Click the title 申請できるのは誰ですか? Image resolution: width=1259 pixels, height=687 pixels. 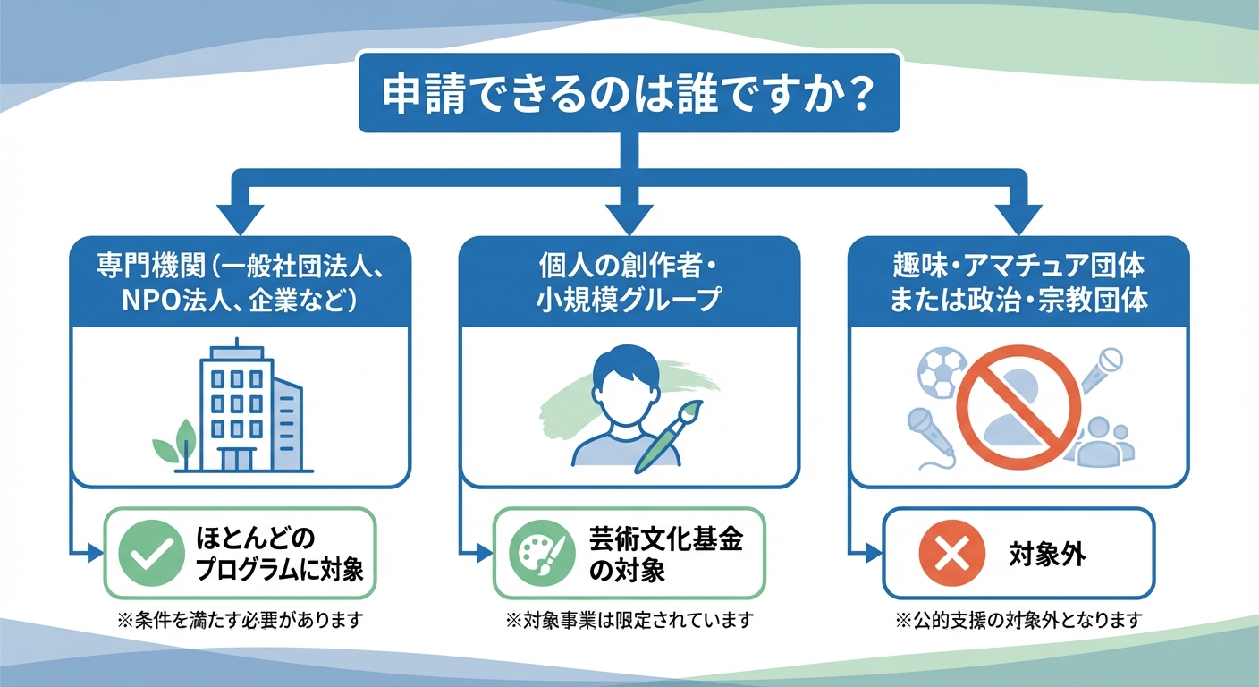[629, 95]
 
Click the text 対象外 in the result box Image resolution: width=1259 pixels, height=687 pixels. [1046, 555]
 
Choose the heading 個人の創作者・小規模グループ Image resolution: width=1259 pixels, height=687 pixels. [629, 283]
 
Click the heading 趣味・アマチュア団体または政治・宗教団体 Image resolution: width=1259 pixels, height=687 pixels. [1018, 283]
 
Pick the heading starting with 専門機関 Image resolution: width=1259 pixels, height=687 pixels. [241, 283]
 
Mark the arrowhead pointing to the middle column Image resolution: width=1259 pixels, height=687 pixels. [629, 217]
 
